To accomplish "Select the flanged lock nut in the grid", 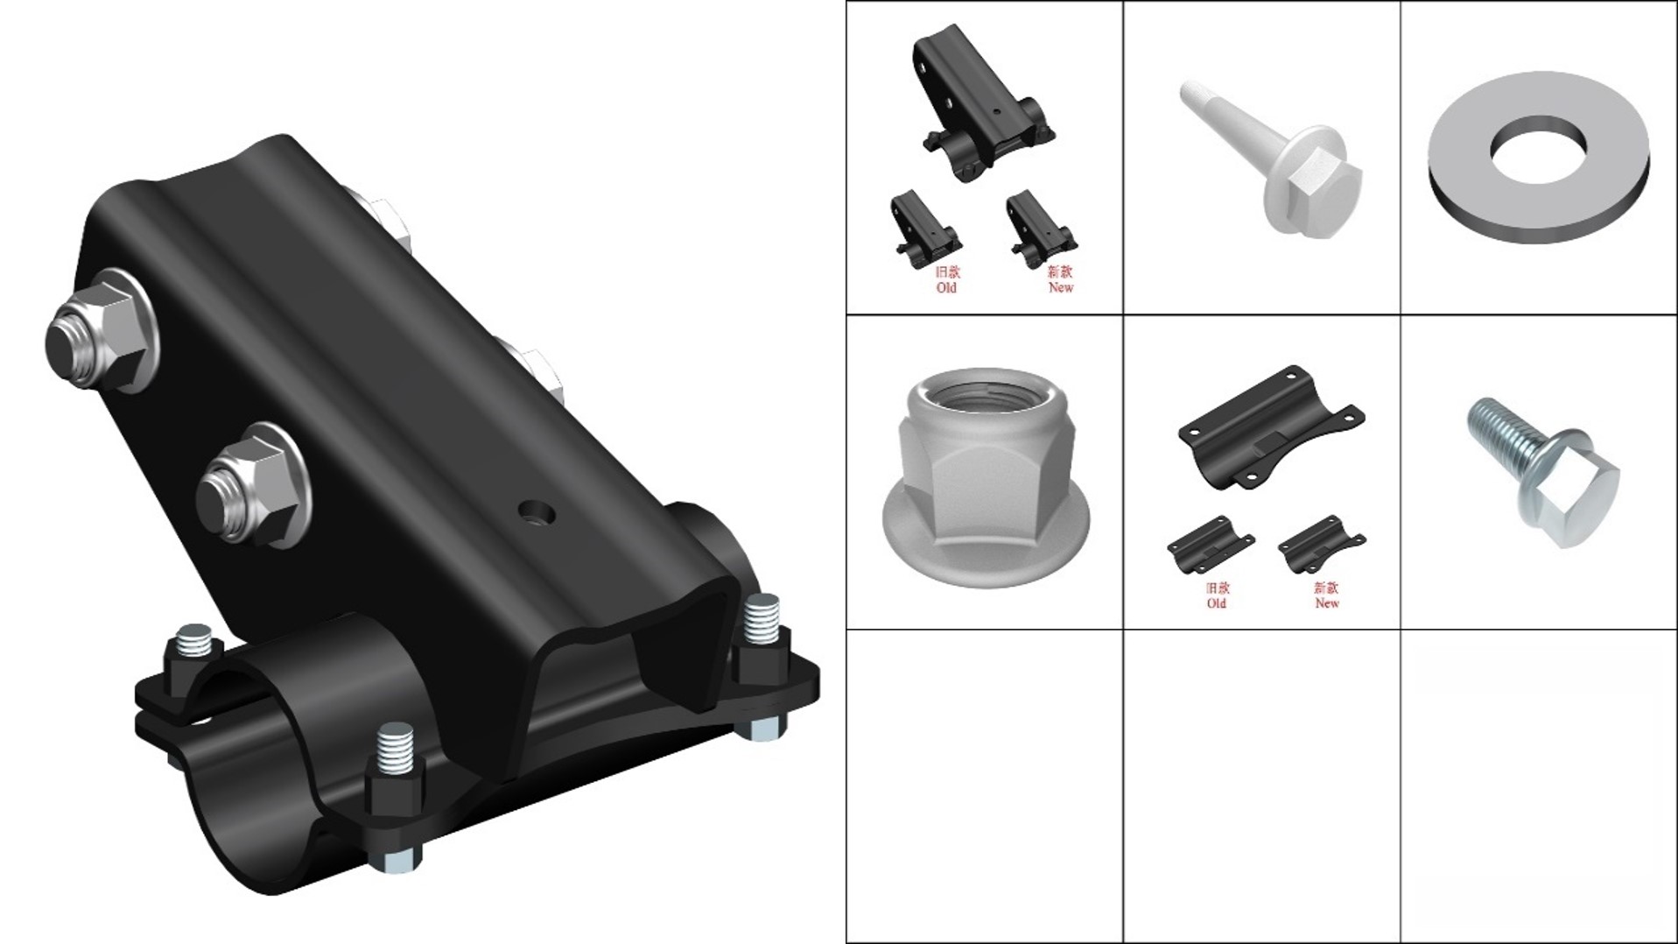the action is (x=986, y=466).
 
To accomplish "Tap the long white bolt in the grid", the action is (x=1272, y=159).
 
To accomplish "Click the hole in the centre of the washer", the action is (x=1539, y=150).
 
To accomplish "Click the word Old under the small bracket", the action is (x=946, y=287).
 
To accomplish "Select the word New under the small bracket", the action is (x=1060, y=287).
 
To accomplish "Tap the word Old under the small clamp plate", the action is (x=1216, y=603).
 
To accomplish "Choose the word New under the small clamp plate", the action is (x=1326, y=603).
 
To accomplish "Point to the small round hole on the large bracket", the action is (x=535, y=513).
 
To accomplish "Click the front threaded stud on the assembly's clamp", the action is (x=396, y=752).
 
